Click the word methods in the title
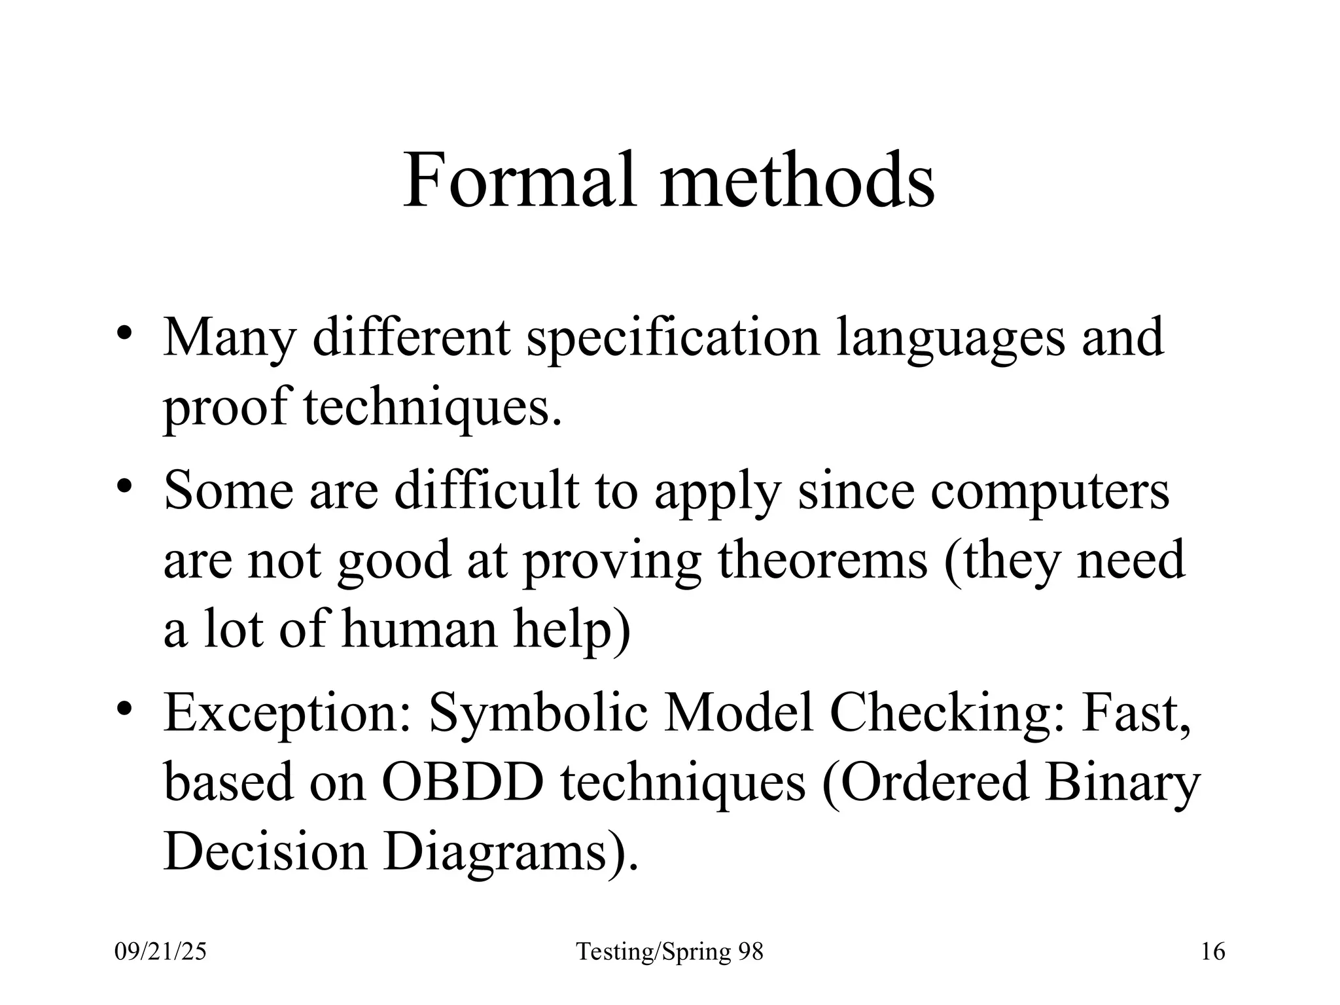(x=798, y=180)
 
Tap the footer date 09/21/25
(x=160, y=951)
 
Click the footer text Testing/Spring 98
(x=669, y=953)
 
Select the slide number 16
(x=1213, y=951)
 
